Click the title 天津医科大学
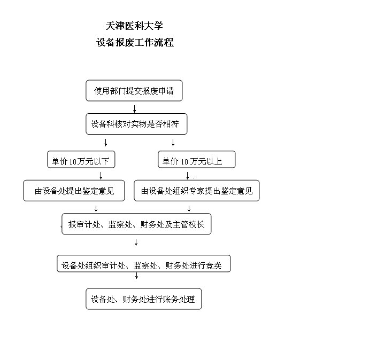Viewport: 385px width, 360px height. point(134,26)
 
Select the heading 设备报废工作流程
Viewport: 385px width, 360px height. point(135,42)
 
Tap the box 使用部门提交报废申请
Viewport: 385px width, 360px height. point(134,90)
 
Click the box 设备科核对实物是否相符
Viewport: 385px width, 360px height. point(136,124)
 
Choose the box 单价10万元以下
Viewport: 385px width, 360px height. point(81,159)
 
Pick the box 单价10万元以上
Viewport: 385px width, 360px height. point(197,159)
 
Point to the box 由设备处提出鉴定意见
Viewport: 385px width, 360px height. point(74,191)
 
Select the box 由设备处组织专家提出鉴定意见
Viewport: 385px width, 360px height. point(197,191)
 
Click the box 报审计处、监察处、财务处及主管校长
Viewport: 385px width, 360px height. point(136,224)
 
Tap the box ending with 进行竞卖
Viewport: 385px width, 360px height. point(144,264)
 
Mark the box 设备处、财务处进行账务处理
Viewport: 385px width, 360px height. point(144,299)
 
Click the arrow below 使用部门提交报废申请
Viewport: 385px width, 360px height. point(135,109)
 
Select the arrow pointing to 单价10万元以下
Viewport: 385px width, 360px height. point(105,143)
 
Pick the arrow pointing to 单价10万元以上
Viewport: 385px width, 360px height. point(173,143)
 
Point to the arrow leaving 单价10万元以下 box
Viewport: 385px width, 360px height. point(101,176)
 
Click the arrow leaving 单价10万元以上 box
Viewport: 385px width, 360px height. point(188,176)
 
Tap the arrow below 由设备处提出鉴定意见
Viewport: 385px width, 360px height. point(96,209)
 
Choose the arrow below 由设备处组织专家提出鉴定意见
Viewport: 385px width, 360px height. point(189,209)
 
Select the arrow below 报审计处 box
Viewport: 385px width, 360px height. point(136,242)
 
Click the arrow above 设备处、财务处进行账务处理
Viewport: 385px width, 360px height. point(137,276)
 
